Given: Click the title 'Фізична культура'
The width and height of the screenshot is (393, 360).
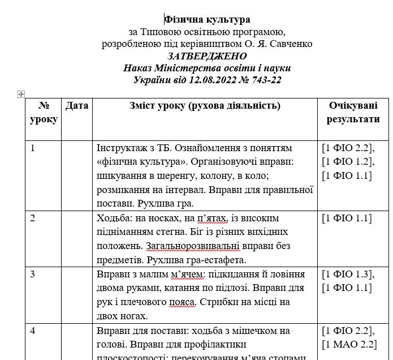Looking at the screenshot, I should coord(207,20).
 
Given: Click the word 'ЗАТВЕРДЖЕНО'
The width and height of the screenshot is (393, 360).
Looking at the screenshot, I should coord(207,56).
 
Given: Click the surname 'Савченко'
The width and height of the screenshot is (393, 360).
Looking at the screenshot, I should coord(293,44).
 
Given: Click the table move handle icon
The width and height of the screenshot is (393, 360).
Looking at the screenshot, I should coord(21,94).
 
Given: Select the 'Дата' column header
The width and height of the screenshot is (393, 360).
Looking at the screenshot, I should coord(77,106).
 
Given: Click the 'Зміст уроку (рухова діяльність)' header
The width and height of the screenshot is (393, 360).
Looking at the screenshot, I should coord(205,106).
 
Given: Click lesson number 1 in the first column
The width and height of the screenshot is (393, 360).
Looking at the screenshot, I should coord(33,148).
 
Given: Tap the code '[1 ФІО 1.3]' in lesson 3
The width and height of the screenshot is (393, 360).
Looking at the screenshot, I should coord(347,275).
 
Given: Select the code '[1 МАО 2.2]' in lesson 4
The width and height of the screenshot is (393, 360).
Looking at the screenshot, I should coord(349,344).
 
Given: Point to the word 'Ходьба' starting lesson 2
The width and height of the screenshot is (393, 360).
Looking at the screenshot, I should coord(113,218).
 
